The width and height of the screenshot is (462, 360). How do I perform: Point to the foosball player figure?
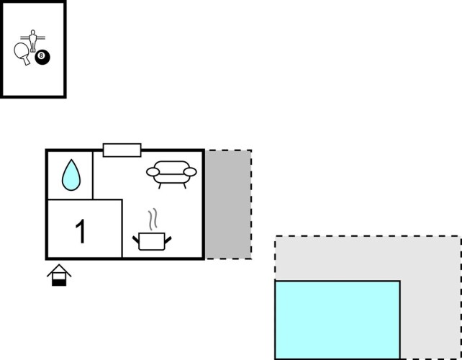pos(31,39)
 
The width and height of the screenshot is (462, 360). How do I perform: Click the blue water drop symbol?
pos(71,175)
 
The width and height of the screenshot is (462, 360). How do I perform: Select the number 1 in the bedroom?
pos(81,231)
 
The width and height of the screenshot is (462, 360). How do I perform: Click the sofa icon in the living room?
pos(171,173)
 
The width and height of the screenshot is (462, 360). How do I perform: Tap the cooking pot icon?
pos(152,241)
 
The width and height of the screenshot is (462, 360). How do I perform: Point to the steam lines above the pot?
pos(152,218)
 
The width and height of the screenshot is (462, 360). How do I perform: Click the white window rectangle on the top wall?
pos(122,150)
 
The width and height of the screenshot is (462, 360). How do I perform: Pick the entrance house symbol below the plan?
pos(59,275)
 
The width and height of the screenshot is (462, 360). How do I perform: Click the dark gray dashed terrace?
pos(229,204)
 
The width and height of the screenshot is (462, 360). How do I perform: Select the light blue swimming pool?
pos(337,320)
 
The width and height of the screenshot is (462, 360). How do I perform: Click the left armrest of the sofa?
pos(152,172)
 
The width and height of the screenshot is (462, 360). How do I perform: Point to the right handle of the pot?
pos(169,237)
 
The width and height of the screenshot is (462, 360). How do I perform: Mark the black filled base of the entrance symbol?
pos(59,282)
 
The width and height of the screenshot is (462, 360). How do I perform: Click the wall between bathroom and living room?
pos(93,175)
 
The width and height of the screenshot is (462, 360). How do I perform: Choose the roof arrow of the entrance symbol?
pos(59,269)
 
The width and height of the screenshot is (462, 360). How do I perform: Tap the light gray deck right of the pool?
pos(430,317)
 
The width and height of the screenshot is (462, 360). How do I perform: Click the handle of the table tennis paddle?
pos(27,60)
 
